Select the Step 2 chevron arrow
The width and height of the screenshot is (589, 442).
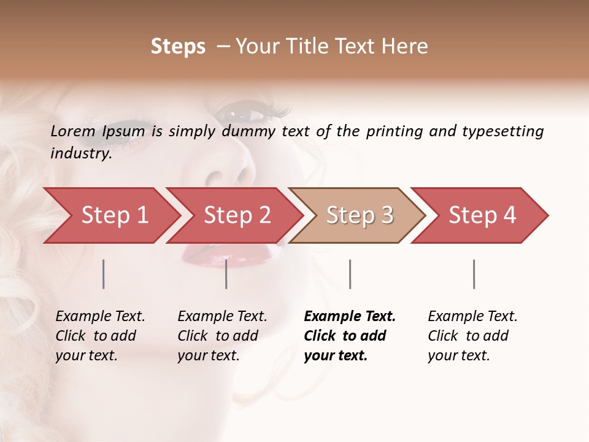point(237,215)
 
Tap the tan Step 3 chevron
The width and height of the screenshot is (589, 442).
point(360,215)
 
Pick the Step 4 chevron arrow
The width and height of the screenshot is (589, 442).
point(482,215)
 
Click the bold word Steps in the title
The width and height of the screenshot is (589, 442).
point(178,47)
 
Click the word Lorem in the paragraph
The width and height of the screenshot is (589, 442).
point(73,131)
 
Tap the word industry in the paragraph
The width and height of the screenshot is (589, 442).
point(80,153)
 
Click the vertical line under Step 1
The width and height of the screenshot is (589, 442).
point(104,274)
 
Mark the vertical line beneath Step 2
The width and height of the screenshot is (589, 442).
point(226,274)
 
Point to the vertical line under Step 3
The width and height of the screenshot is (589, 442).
point(350,274)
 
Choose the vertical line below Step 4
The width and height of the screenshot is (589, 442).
point(474,274)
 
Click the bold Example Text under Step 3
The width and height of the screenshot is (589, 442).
point(350,317)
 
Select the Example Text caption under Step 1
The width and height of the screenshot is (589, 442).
point(100,317)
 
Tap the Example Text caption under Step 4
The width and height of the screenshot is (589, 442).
point(472,317)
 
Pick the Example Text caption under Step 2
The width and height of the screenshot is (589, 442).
point(222,317)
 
